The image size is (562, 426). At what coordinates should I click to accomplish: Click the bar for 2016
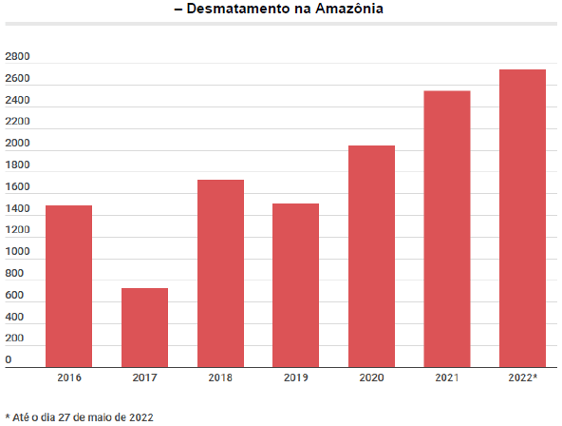(68, 285)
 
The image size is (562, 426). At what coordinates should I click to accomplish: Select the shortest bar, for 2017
(144, 327)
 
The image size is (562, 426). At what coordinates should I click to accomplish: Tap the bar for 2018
(220, 273)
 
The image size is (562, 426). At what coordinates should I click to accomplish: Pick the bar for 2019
(295, 284)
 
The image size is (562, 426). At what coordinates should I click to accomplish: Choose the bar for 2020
(371, 256)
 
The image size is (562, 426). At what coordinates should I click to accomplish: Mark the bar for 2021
(447, 228)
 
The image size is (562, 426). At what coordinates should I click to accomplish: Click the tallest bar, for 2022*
(522, 218)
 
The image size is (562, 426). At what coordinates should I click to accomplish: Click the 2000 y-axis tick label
(17, 144)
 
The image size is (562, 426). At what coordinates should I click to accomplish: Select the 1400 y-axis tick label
(17, 209)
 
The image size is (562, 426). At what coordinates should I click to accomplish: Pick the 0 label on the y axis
(9, 360)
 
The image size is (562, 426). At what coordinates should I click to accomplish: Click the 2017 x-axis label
(144, 378)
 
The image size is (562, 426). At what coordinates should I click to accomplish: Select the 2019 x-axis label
(295, 378)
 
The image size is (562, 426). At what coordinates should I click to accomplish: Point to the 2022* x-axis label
(522, 378)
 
